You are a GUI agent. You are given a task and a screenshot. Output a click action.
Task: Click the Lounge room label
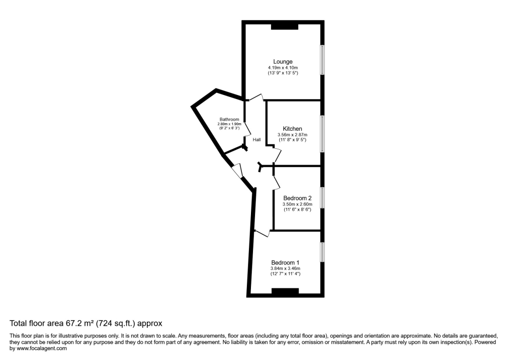point(283,62)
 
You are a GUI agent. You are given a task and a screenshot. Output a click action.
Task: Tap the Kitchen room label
point(292,129)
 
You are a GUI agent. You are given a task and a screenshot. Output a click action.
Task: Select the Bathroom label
point(229,119)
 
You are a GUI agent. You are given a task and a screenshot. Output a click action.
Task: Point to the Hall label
point(256,140)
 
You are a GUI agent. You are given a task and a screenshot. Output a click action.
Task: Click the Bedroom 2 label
point(297,198)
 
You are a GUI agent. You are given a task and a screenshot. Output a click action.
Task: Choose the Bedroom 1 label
point(285,262)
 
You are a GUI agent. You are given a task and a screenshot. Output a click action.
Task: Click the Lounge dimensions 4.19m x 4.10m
point(283,68)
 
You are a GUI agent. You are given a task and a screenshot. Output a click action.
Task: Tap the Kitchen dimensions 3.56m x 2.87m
point(292,135)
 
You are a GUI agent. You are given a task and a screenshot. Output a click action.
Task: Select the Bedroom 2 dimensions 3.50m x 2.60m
point(297,204)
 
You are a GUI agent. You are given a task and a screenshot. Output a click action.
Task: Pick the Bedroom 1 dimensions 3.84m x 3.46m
point(285,268)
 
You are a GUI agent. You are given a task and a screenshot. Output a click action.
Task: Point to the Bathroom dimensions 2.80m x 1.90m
point(229,124)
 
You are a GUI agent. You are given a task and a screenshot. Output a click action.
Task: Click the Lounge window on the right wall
point(322,60)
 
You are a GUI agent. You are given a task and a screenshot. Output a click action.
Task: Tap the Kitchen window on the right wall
point(322,134)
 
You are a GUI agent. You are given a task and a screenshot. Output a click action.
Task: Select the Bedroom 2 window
point(322,198)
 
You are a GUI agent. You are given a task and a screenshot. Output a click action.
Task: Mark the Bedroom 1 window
point(322,252)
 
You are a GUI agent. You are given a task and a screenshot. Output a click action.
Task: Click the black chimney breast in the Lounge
point(285,26)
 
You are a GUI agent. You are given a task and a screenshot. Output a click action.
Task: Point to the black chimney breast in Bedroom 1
point(285,291)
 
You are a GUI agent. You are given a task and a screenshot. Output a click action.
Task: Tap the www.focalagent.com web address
point(41,348)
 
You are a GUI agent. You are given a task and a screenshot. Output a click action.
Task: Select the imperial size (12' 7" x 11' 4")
point(285,274)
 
